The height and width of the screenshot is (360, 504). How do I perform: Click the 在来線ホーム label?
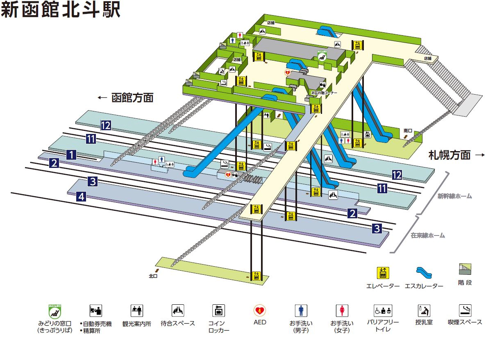coord(428,235)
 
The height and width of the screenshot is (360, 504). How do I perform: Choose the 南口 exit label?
coord(408,131)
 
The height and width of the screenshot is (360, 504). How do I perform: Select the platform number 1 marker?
coord(71,154)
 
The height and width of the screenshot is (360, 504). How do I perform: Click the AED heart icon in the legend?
coord(259,310)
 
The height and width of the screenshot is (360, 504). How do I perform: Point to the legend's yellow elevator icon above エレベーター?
coord(383,272)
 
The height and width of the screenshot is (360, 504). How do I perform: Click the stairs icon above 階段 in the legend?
coord(465,269)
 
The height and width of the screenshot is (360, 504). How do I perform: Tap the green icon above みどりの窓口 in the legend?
coord(54,312)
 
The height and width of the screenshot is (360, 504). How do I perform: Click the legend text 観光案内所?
coord(136,324)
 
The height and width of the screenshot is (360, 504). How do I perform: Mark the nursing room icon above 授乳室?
coord(424,310)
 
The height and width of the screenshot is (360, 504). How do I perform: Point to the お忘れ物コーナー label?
coord(324,93)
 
